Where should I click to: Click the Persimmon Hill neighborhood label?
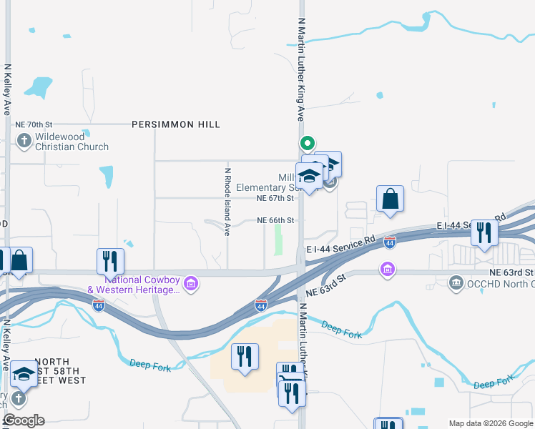(x=175, y=124)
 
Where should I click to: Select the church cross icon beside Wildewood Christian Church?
(x=24, y=140)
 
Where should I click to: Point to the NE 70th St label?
(x=35, y=124)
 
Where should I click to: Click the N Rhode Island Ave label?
(x=228, y=202)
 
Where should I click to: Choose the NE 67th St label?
(x=275, y=198)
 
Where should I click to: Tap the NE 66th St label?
(x=275, y=220)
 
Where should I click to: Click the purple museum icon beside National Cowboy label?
(x=190, y=285)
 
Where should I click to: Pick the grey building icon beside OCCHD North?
(x=456, y=284)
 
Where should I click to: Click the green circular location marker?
(x=308, y=142)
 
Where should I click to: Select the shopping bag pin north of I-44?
(x=390, y=199)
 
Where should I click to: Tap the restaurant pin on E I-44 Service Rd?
(x=484, y=232)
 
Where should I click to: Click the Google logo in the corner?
(x=24, y=420)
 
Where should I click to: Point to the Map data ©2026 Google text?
(x=490, y=423)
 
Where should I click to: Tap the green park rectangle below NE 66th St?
(x=278, y=243)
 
